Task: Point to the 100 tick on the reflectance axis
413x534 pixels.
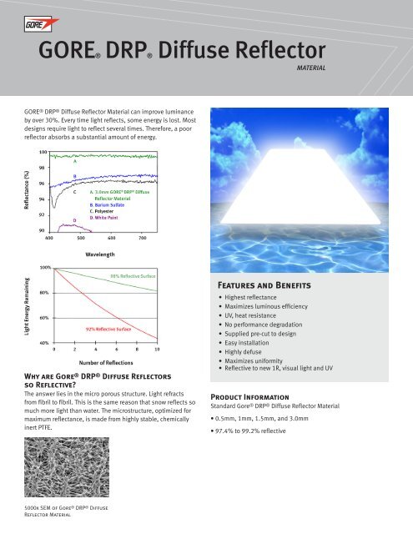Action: point(42,153)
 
